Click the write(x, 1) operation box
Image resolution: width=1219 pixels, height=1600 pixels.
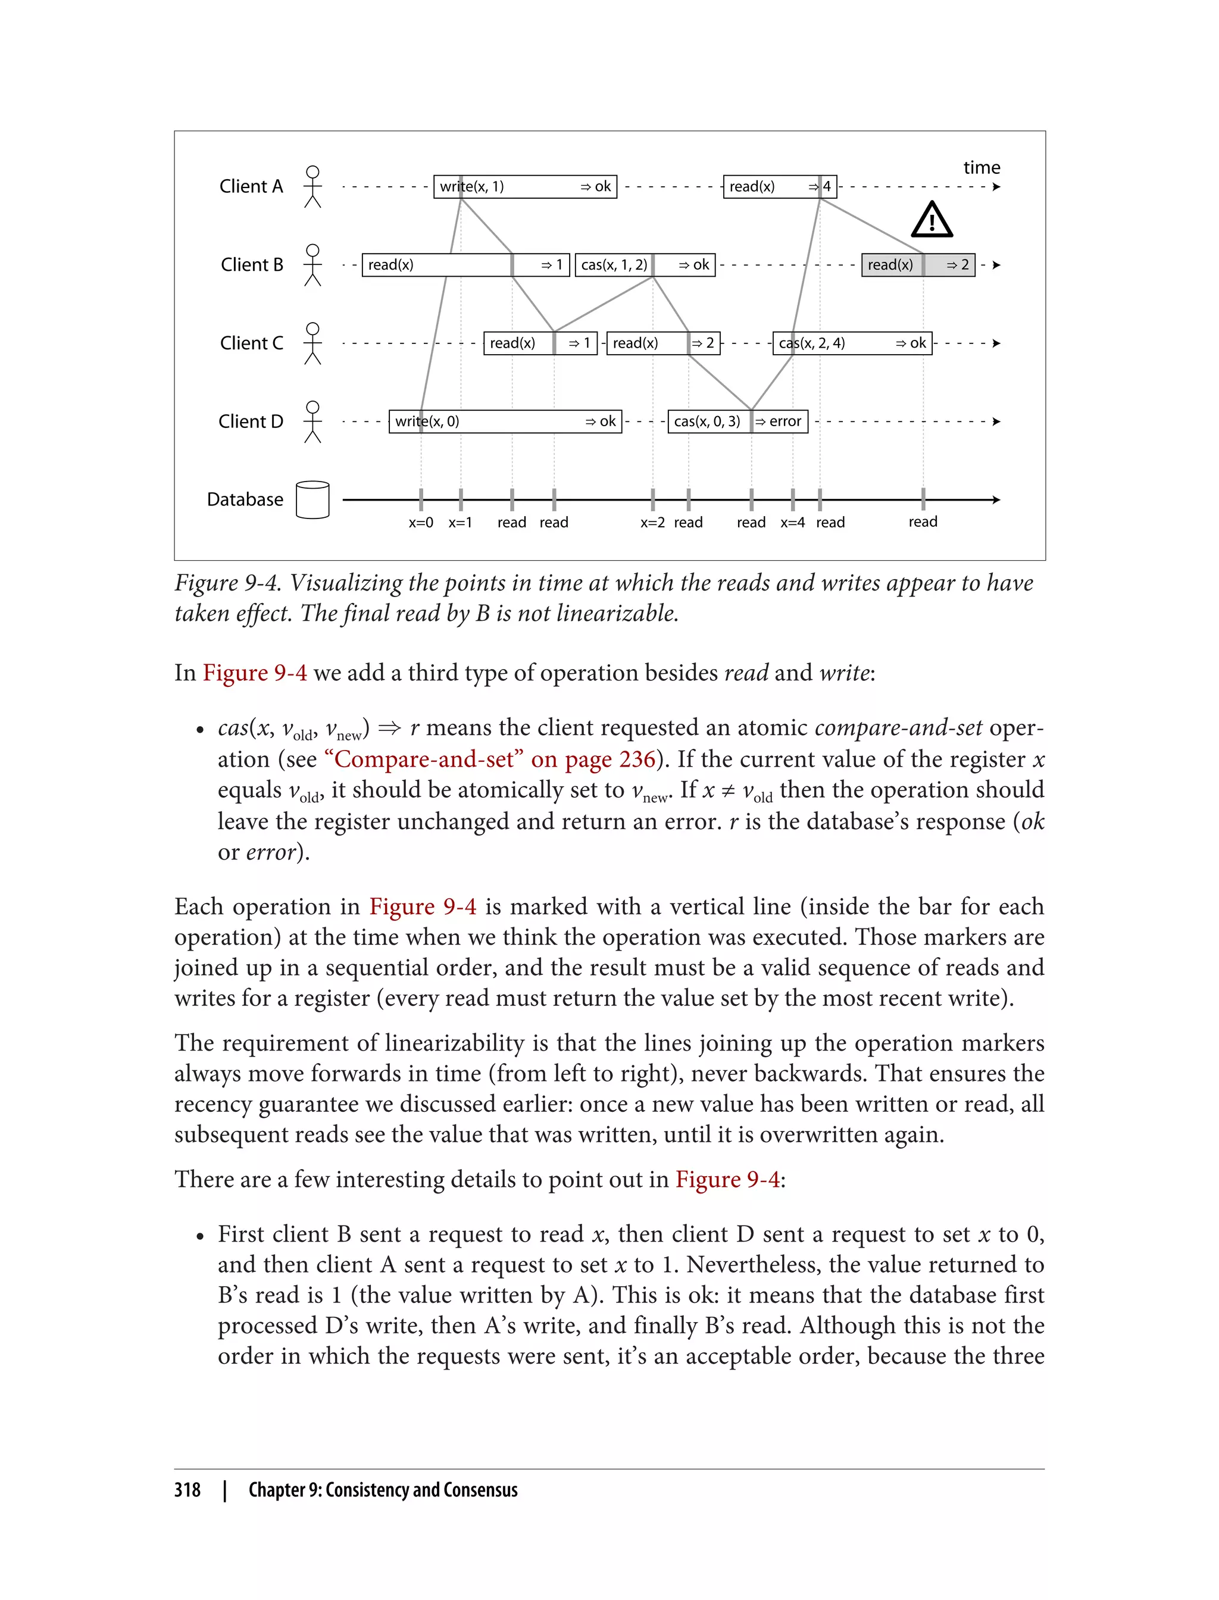click(524, 186)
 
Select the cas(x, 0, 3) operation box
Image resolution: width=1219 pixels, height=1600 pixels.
click(708, 421)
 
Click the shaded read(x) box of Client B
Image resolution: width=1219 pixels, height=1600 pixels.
click(917, 265)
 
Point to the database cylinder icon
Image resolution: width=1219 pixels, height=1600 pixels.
click(312, 500)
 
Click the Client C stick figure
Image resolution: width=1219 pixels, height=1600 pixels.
click(312, 343)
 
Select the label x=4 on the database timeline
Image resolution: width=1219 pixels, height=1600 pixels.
click(792, 523)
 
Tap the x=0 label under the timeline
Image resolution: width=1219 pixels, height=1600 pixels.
click(421, 523)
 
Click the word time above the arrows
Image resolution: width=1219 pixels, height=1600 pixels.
click(981, 168)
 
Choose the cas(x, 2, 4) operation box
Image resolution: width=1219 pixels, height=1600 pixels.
click(852, 343)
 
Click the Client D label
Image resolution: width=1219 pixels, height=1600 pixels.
click(251, 421)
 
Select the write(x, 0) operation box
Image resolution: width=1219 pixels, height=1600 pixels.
click(505, 421)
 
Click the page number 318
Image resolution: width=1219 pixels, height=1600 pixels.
click(187, 1490)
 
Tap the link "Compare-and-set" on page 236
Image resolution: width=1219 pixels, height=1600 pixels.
click(490, 759)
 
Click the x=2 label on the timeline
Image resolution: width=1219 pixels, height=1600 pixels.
click(652, 523)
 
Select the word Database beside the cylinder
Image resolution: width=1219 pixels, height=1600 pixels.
click(245, 500)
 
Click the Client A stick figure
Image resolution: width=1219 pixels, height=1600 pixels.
click(312, 186)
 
